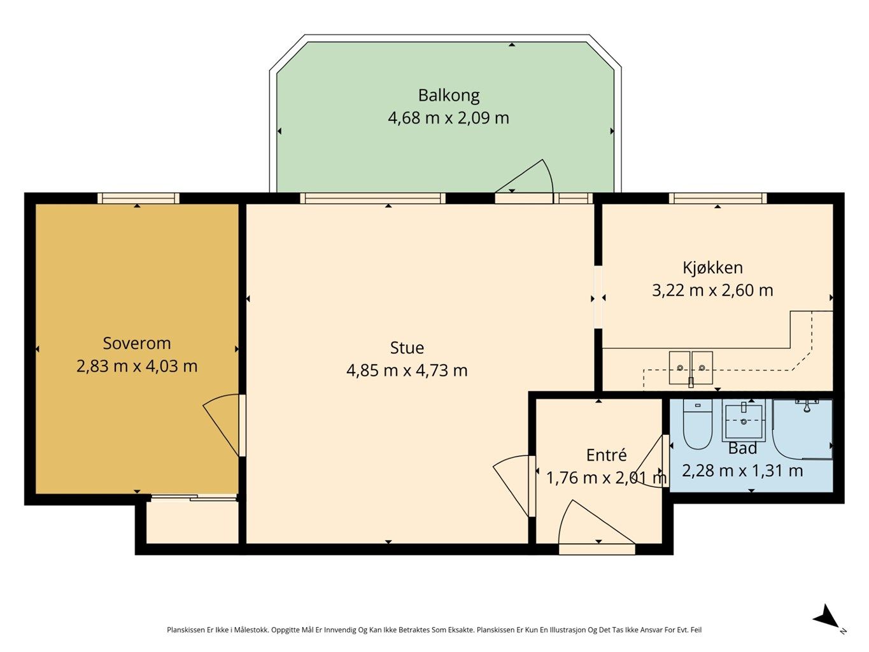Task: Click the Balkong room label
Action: point(449,96)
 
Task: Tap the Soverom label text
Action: point(137,343)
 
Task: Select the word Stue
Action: point(407,348)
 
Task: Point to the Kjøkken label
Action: point(712,268)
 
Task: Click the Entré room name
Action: point(606,455)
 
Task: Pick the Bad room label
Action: point(742,448)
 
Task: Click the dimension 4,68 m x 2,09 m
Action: point(448,118)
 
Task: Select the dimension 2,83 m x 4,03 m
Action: point(137,365)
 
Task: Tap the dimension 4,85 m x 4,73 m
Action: point(407,371)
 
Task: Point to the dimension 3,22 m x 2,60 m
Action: point(712,290)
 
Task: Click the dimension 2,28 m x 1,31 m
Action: point(742,471)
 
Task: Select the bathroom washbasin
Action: point(744,420)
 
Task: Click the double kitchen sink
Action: point(691,368)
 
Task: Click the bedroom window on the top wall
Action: point(138,198)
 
